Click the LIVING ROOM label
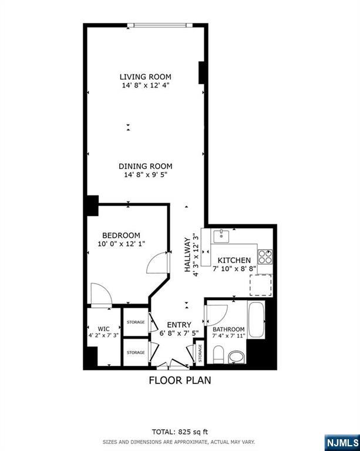(x=146, y=76)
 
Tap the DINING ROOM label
(x=146, y=166)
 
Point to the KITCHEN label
(x=234, y=260)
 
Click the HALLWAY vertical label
(x=189, y=254)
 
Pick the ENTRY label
(x=179, y=325)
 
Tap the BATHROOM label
(x=228, y=329)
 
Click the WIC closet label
(x=96, y=328)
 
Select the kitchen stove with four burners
(x=265, y=256)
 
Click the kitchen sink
(x=222, y=236)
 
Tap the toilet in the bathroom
(x=218, y=354)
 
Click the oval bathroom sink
(x=237, y=356)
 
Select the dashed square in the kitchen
(x=261, y=286)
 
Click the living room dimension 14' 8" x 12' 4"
(x=146, y=86)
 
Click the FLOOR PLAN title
(x=179, y=380)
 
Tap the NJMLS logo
(x=341, y=442)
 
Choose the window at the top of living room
(x=160, y=25)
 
